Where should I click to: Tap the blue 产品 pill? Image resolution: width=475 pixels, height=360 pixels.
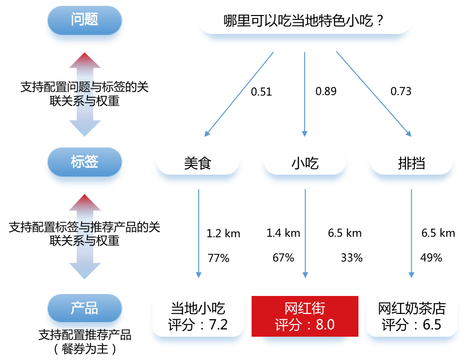pyautogui.click(x=85, y=310)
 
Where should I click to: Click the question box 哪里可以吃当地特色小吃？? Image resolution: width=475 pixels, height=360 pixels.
pyautogui.click(x=305, y=22)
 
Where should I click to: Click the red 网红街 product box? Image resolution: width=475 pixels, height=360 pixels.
pyautogui.click(x=305, y=316)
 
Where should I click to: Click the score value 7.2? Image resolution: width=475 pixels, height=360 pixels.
pyautogui.click(x=218, y=325)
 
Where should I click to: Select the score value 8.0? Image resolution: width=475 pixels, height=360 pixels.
pyautogui.click(x=325, y=325)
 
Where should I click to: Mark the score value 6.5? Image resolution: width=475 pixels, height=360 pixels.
pyautogui.click(x=432, y=325)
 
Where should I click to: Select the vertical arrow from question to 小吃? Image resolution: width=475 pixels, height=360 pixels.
pyautogui.click(x=305, y=95)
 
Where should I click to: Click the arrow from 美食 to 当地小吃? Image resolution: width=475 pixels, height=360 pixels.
pyautogui.click(x=198, y=233)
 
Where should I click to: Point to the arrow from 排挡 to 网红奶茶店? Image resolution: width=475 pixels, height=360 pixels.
pyautogui.click(x=411, y=233)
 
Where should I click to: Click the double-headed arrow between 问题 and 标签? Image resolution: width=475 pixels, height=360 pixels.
pyautogui.click(x=85, y=94)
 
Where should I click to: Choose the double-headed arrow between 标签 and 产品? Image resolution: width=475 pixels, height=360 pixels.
pyautogui.click(x=85, y=236)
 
